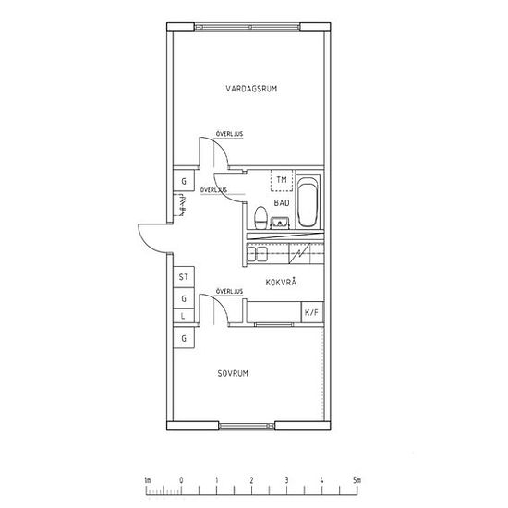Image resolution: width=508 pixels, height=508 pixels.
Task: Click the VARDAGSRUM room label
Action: click(251, 89)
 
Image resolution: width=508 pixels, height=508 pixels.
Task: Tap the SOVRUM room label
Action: click(233, 373)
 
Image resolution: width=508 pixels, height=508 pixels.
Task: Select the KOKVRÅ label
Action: click(281, 282)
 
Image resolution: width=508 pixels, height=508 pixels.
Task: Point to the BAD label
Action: click(282, 203)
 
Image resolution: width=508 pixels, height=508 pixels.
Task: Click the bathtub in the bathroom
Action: click(308, 200)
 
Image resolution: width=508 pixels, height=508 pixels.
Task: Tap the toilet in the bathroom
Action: click(260, 217)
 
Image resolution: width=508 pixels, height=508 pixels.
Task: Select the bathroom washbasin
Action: click(280, 223)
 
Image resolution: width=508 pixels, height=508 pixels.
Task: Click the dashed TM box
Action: click(282, 180)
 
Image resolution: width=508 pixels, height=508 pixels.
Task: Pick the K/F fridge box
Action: click(312, 312)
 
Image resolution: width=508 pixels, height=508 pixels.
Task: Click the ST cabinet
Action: click(184, 277)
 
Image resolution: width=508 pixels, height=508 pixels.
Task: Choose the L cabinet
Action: click(184, 316)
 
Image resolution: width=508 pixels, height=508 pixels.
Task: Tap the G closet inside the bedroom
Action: click(184, 337)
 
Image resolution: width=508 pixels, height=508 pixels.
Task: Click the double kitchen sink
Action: click(258, 254)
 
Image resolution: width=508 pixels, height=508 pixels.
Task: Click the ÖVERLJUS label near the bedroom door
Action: click(229, 292)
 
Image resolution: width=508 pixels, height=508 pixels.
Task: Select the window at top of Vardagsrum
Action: click(247, 27)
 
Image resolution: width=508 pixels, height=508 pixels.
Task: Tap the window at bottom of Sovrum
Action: click(247, 426)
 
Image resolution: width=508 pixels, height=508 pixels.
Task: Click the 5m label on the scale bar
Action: click(357, 480)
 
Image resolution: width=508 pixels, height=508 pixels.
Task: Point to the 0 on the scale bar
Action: click(181, 480)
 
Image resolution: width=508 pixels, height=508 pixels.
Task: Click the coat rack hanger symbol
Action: click(180, 205)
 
